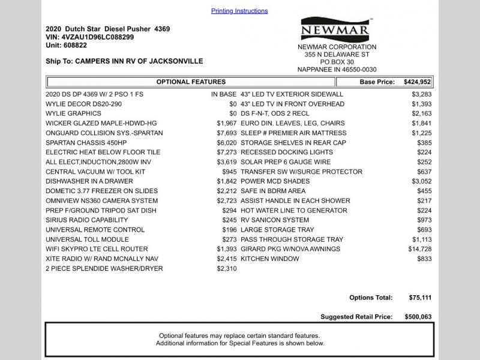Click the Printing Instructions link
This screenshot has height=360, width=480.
[x=239, y=11]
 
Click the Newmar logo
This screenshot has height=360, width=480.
[x=337, y=29]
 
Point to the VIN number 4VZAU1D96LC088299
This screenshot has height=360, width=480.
[x=98, y=37]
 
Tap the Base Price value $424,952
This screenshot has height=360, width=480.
[x=418, y=82]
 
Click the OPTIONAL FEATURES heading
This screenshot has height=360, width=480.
[x=191, y=82]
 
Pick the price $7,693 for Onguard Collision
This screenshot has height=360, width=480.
[x=227, y=133]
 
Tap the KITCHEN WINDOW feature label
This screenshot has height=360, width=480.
[x=269, y=259]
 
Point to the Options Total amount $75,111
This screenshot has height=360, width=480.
[x=418, y=298]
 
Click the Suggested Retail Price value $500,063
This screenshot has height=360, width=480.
[x=418, y=317]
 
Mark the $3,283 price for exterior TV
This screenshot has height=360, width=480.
[x=421, y=94]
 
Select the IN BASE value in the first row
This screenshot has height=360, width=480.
[x=223, y=94]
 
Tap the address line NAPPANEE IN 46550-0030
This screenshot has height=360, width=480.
[x=337, y=70]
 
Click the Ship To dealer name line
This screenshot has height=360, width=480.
[x=124, y=61]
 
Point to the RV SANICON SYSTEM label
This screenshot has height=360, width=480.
[x=275, y=220]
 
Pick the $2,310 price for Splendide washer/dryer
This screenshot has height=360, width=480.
[x=227, y=268]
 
